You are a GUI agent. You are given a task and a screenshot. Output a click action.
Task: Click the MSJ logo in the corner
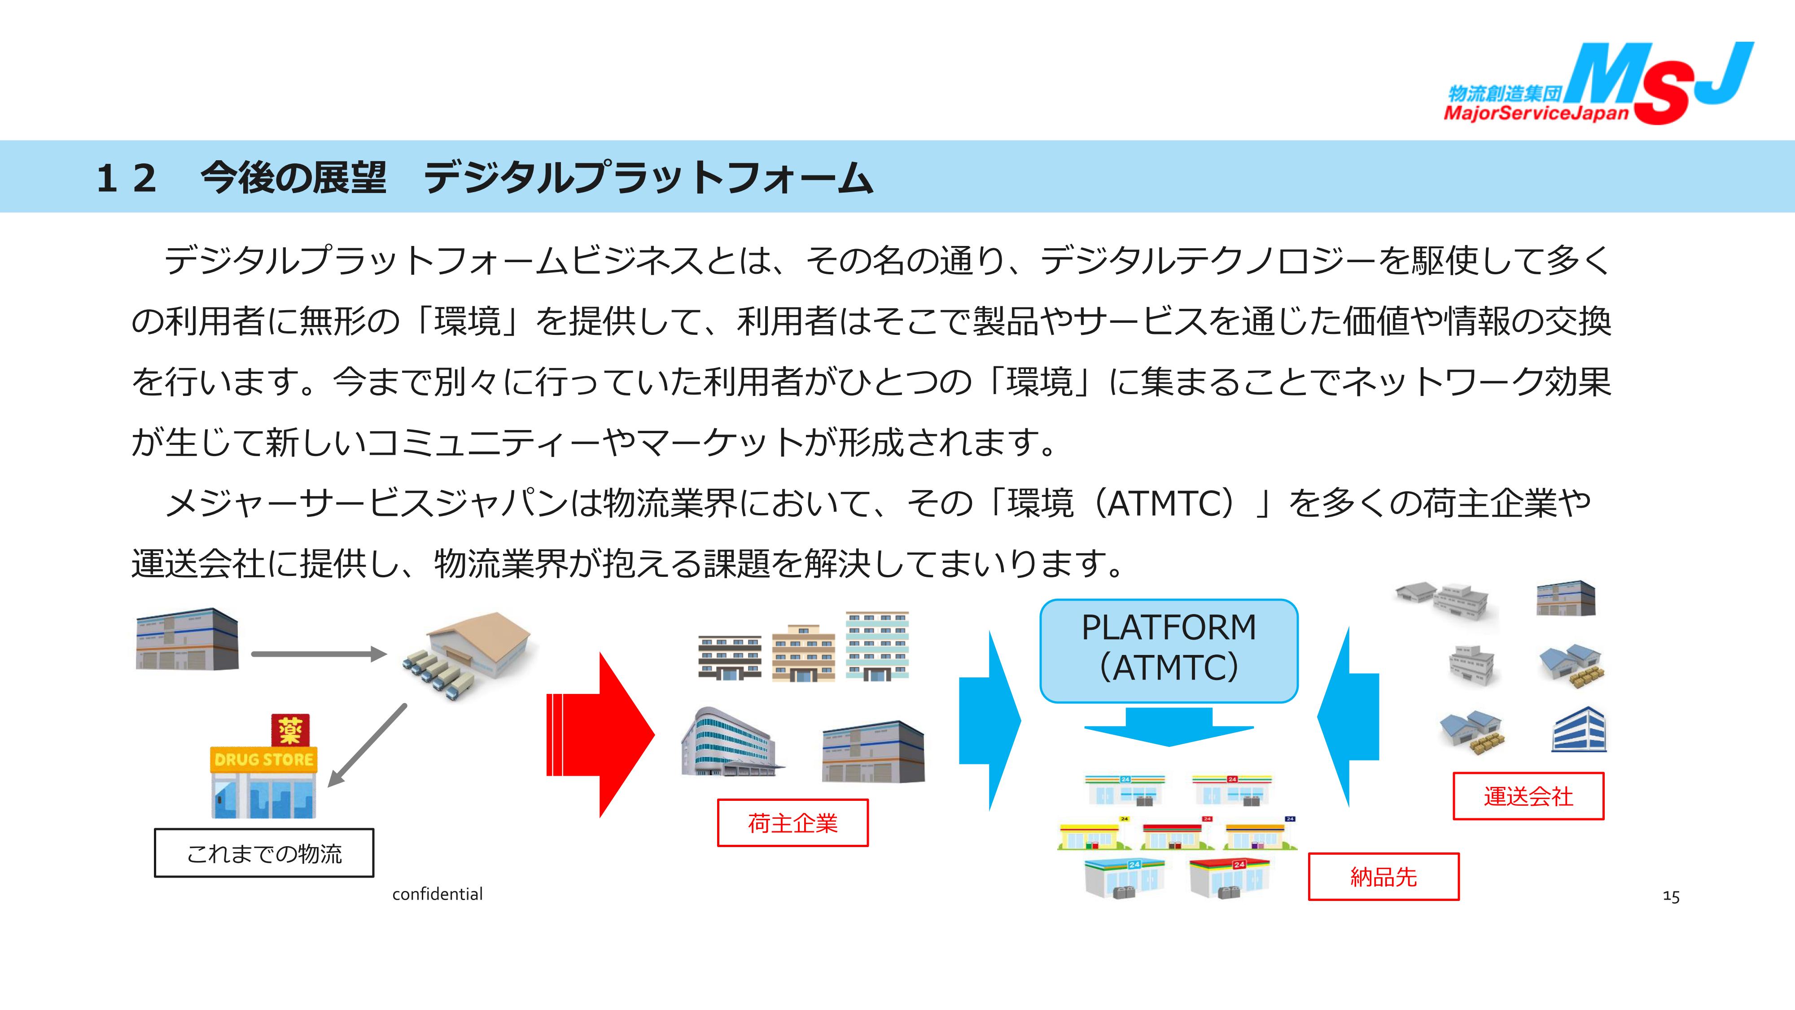[x=1659, y=83]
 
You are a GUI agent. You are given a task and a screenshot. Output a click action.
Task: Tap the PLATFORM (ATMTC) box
[x=1169, y=650]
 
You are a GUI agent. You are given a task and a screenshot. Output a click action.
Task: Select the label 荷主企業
[x=792, y=823]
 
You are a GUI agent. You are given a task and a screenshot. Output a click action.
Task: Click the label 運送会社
[x=1528, y=796]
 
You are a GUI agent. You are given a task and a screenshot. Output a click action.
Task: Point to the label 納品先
[x=1383, y=877]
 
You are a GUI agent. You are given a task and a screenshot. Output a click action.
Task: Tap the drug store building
[x=263, y=784]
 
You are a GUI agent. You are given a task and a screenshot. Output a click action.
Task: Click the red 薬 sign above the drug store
[x=290, y=730]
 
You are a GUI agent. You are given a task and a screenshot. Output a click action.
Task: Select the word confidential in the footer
[x=437, y=894]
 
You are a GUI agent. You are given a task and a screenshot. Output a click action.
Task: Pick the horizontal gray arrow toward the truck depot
[x=319, y=654]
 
